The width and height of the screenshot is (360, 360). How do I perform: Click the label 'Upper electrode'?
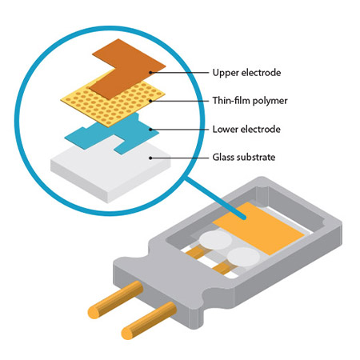(246, 73)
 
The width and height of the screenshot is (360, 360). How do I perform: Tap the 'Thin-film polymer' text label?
(250, 101)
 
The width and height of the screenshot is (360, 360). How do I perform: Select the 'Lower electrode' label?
(246, 130)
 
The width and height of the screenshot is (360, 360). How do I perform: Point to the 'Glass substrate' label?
(244, 157)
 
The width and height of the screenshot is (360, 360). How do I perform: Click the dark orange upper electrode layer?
(128, 70)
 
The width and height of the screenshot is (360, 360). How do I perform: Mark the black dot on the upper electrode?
(150, 72)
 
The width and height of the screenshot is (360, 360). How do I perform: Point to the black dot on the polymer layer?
(150, 101)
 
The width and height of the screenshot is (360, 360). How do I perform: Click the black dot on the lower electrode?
(150, 130)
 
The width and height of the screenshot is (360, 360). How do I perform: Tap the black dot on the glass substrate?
(150, 158)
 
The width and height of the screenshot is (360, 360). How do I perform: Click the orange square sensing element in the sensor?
(258, 229)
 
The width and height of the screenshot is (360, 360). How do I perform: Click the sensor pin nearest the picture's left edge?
(115, 299)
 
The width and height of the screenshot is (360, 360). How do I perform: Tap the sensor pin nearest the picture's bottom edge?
(149, 321)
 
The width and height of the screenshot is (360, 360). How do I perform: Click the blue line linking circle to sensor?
(215, 198)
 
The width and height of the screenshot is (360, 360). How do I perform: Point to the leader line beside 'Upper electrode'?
(180, 72)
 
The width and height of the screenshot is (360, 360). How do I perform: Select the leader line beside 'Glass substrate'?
(180, 158)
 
